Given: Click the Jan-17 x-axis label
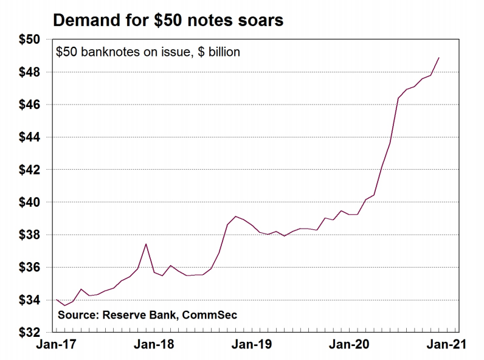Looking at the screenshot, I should tap(57, 345).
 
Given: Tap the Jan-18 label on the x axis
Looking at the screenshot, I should tap(153, 345).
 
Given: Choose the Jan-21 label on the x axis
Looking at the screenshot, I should tap(446, 345).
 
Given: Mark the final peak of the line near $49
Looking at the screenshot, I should tap(439, 58).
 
